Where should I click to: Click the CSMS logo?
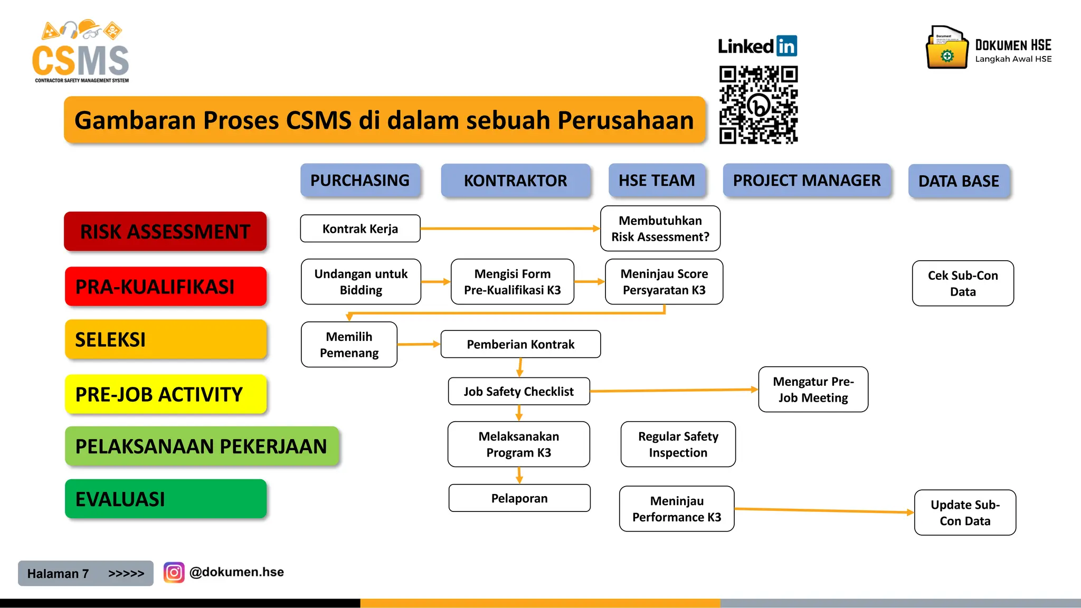click(x=81, y=53)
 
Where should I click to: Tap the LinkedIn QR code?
click(x=758, y=105)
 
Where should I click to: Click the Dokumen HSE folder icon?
click(x=947, y=49)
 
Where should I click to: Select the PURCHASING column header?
click(x=360, y=180)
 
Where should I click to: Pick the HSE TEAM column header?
click(x=657, y=180)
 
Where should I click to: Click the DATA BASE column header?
click(x=959, y=181)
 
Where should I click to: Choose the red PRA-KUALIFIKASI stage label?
click(x=165, y=287)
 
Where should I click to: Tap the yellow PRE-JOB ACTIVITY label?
click(x=165, y=394)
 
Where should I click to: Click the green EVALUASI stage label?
click(x=165, y=499)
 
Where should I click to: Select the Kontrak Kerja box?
click(x=360, y=229)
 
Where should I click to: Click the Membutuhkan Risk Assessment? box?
click(x=660, y=229)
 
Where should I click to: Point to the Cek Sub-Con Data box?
click(x=963, y=283)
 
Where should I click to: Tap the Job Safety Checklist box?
click(x=518, y=391)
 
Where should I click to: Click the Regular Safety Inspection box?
click(x=678, y=444)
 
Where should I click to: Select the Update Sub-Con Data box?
click(x=965, y=512)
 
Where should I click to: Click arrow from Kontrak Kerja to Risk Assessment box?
click(x=509, y=229)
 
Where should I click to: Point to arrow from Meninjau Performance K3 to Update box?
click(x=823, y=510)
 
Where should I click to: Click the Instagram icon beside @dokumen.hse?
click(x=174, y=572)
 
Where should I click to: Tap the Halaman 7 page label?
click(x=58, y=573)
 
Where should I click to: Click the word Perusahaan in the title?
click(x=625, y=120)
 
